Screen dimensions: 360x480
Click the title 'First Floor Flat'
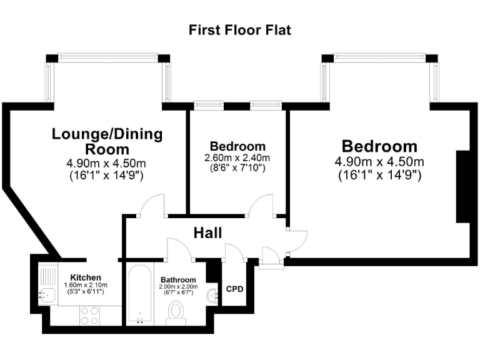pos(240,30)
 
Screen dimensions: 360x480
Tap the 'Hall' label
pos(207,233)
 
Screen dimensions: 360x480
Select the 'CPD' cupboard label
pos(234,289)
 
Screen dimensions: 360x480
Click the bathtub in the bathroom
pos(139,294)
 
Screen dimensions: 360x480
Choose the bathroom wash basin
pos(212,294)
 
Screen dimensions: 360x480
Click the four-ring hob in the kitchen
pos(89,316)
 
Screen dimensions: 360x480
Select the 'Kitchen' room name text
pos(86,277)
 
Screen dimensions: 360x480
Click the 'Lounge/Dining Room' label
pos(107,141)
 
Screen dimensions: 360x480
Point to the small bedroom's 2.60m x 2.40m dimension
pos(237,157)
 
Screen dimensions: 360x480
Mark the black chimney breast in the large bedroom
pos(462,186)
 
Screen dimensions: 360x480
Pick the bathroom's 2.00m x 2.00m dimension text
pos(178,286)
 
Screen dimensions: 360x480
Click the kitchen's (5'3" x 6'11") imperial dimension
pos(84,292)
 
